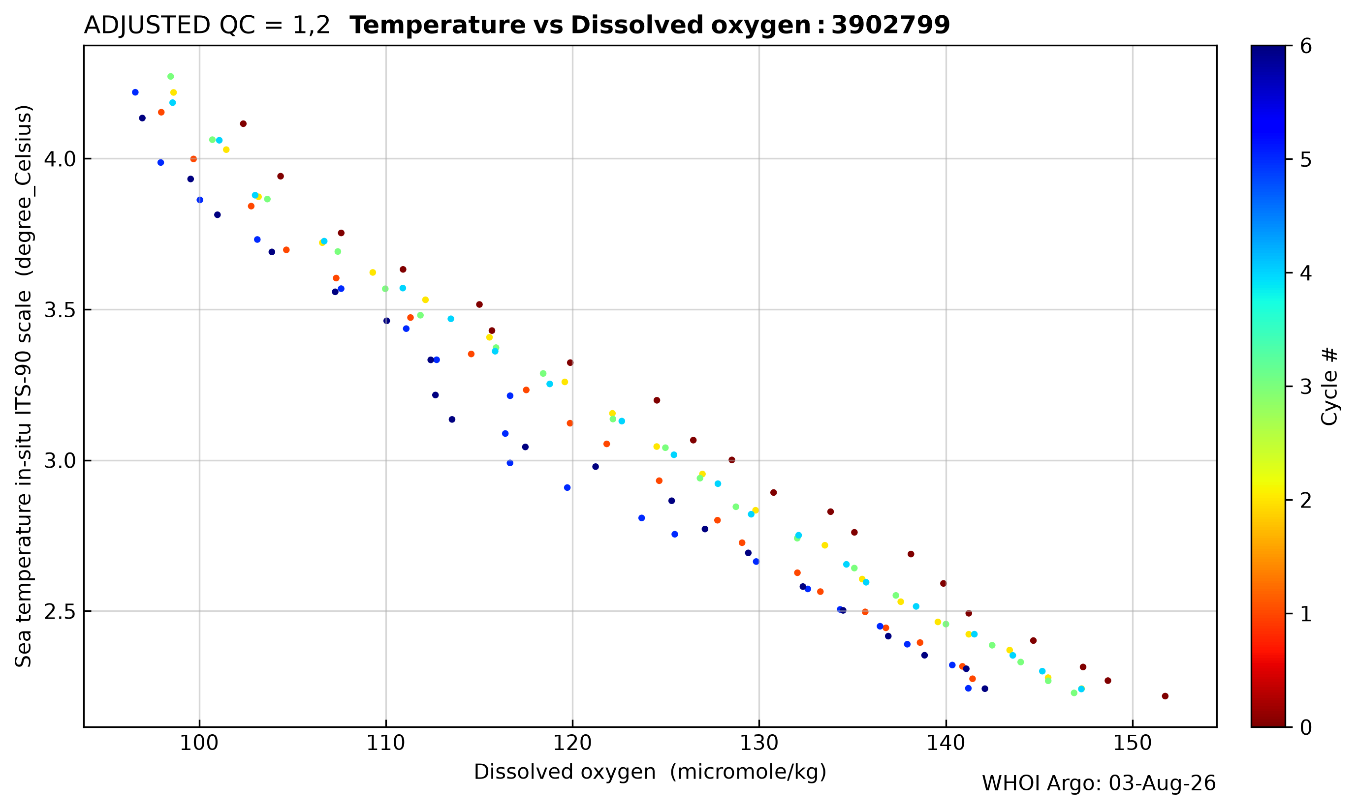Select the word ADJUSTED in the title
coord(147,26)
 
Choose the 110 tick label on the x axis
coord(386,744)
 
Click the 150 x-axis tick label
coord(1133,744)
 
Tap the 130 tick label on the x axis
coord(759,744)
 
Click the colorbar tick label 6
coord(1306,46)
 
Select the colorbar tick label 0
coord(1306,727)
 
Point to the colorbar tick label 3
coord(1306,387)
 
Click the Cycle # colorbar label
coord(1330,387)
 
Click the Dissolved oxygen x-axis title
coord(650,772)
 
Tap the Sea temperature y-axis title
coord(24,386)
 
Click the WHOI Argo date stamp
coord(1099,784)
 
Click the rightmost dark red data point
coord(1166,696)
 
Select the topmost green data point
coord(171,77)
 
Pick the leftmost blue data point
coord(135,93)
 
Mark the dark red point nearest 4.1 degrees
coord(244,124)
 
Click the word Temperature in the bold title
coord(457,26)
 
